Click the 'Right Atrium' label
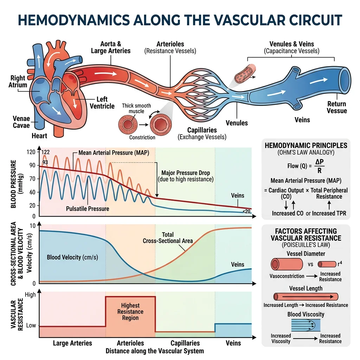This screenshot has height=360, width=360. [19, 81]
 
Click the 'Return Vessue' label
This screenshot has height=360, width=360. [337, 107]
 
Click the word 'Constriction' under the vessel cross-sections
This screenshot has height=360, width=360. [142, 137]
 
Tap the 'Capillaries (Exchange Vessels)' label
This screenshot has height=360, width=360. [202, 133]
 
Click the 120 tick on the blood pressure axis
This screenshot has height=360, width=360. [31, 152]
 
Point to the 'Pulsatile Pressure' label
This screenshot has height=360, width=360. [88, 208]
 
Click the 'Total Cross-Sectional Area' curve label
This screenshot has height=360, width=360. [168, 238]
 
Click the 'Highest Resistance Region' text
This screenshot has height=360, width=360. [130, 312]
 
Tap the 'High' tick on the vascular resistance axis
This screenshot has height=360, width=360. [31, 295]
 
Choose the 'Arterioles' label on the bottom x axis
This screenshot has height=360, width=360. [130, 343]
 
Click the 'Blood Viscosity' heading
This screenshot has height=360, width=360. [306, 314]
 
